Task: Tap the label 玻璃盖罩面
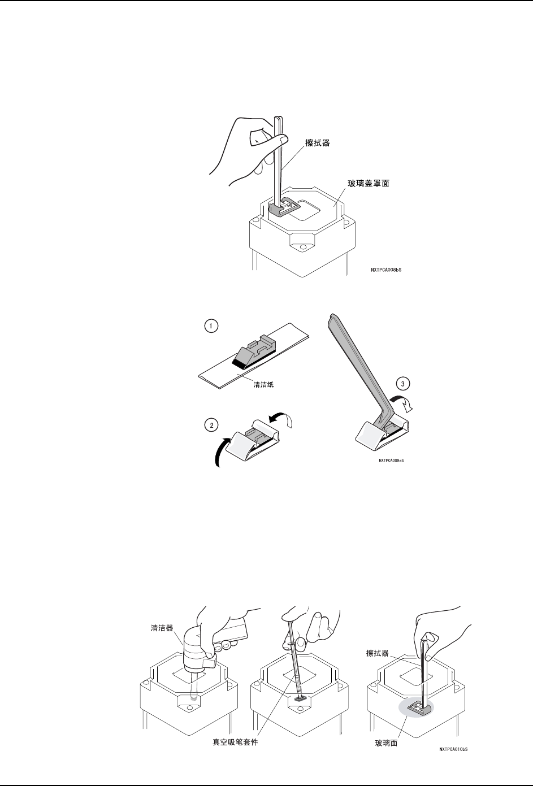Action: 369,184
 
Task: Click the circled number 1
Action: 210,327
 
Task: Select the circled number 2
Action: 211,425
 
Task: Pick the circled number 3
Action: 402,384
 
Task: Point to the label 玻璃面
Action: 387,743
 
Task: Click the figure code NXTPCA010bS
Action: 453,749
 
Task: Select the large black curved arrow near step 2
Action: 221,451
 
